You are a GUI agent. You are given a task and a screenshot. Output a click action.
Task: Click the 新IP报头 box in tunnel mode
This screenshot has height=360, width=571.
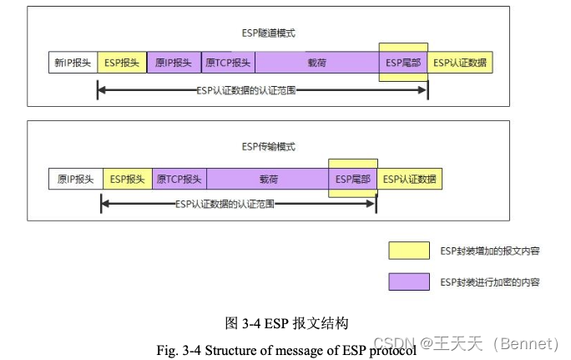point(73,63)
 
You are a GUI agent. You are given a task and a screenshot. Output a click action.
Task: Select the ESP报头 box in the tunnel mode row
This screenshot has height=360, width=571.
point(122,63)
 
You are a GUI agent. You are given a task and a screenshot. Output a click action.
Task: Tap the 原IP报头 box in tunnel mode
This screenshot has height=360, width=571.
point(174,63)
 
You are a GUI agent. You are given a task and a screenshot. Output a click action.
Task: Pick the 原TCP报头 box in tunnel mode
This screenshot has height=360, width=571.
point(228,63)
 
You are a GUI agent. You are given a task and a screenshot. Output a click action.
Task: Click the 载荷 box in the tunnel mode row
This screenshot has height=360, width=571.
point(316,63)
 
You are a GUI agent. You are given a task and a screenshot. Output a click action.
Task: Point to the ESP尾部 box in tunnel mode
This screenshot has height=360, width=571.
point(403,63)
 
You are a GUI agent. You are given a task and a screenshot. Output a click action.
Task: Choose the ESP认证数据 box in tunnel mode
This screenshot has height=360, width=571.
point(460,63)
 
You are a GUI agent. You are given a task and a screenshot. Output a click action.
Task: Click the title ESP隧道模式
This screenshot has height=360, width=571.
point(269,33)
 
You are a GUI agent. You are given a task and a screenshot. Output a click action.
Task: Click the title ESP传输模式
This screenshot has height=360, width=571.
point(269,147)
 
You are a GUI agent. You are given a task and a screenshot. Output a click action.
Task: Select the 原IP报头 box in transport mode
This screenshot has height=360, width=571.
point(75,179)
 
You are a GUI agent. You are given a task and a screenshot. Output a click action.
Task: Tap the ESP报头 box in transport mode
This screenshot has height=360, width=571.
point(128,179)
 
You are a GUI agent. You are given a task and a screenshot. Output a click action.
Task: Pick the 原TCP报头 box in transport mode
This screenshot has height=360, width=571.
point(179,179)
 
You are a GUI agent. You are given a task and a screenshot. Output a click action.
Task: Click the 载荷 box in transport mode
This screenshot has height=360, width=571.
point(268,179)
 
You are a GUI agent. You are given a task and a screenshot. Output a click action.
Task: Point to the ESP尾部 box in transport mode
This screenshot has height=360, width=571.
point(353,179)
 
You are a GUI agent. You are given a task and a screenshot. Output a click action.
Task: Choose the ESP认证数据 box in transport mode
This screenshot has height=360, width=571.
point(409,179)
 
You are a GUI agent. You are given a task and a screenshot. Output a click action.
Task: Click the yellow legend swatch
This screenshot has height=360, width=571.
point(408,251)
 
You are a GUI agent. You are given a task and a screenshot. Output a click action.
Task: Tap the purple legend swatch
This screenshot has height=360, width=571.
point(408,282)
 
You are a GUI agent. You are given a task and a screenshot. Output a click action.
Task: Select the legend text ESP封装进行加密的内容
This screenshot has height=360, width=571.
point(489,282)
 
